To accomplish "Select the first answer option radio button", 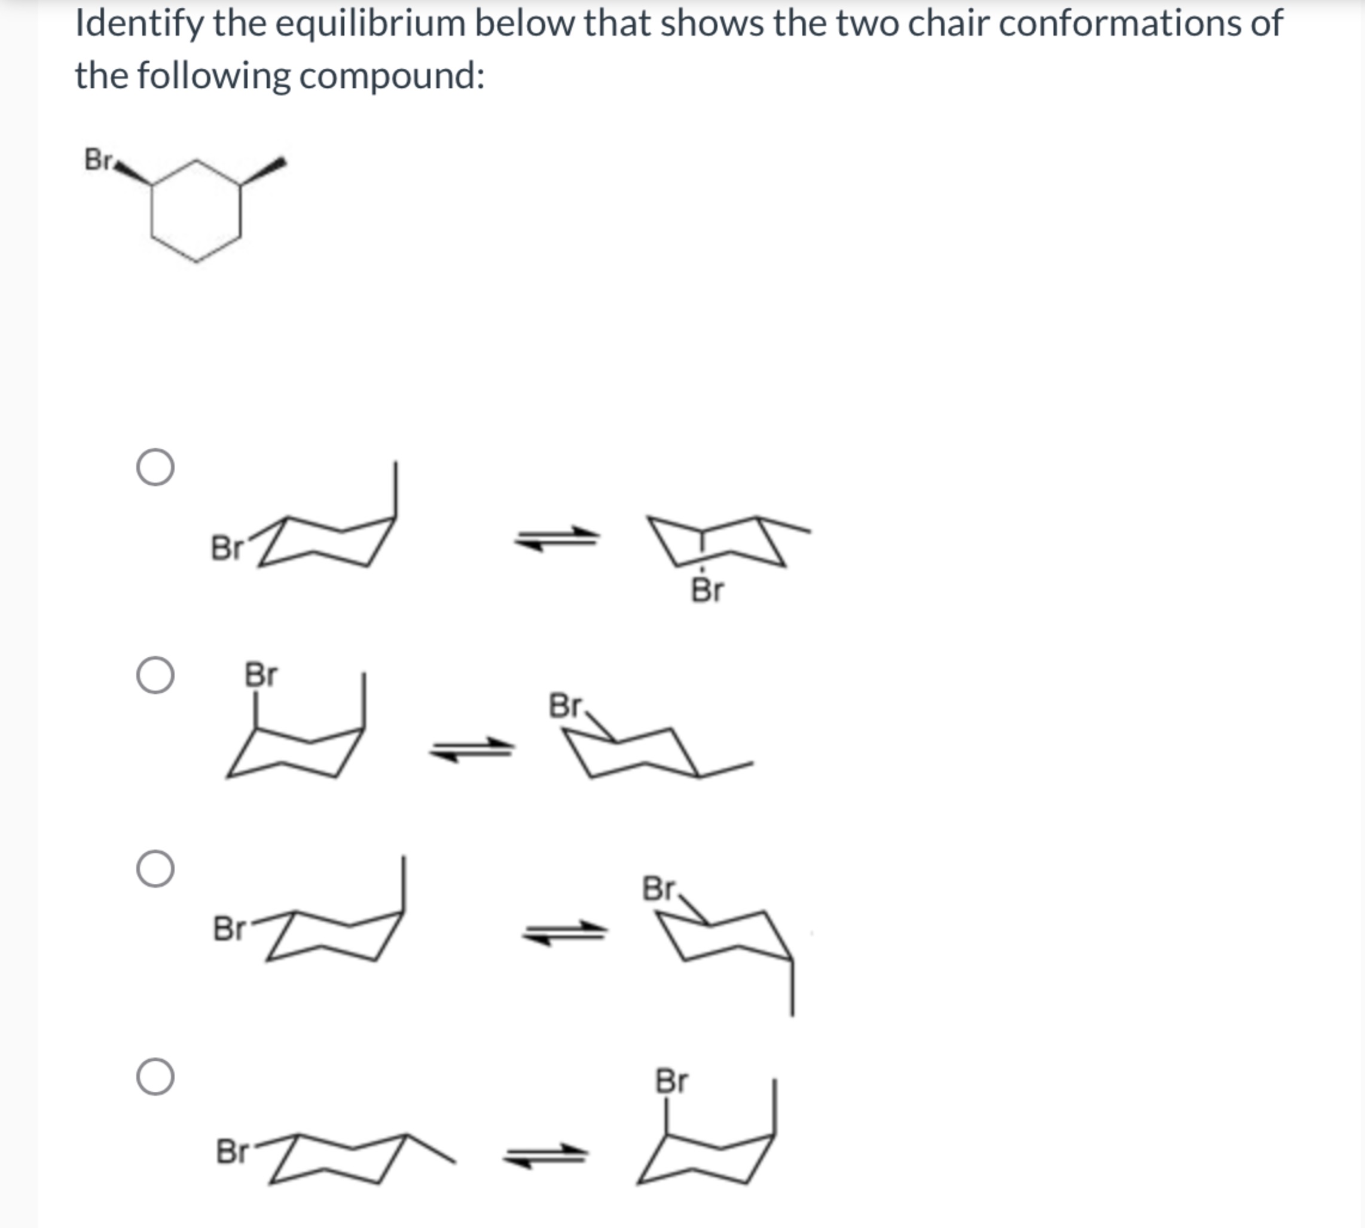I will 155,467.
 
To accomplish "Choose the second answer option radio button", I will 155,675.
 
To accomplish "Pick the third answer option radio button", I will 155,868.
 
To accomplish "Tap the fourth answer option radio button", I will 155,1076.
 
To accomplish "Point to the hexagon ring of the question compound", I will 196,210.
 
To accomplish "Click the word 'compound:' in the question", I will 392,75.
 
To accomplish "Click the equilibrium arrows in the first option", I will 557,538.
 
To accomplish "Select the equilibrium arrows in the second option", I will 472,749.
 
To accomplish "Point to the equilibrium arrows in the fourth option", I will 545,1156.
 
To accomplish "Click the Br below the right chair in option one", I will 707,590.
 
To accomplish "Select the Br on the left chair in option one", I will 226,548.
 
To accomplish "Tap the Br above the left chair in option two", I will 260,674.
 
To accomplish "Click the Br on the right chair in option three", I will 659,889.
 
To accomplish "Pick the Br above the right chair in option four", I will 671,1081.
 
